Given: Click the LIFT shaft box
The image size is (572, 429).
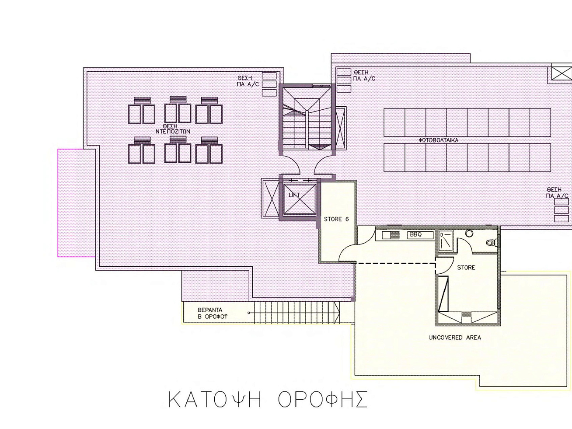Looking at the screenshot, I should click(x=300, y=199).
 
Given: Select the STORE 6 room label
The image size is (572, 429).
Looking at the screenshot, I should click(x=336, y=219).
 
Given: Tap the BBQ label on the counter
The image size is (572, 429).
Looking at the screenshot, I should click(x=415, y=235).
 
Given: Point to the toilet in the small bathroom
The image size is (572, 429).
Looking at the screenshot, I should click(x=491, y=242).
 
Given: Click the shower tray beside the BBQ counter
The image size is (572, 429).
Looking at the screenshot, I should click(x=445, y=241).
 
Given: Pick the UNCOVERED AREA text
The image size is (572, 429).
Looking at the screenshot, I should click(x=455, y=338).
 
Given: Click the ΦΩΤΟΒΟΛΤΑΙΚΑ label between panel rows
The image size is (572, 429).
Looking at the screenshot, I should click(x=438, y=140).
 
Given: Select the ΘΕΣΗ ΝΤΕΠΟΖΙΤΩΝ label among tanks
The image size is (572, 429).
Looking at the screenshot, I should click(x=173, y=129).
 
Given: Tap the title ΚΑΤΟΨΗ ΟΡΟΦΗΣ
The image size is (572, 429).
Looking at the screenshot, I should click(x=268, y=400).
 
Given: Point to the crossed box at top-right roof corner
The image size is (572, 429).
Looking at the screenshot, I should click(x=561, y=72).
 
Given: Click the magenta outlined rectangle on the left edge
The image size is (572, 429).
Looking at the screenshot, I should click(x=76, y=202).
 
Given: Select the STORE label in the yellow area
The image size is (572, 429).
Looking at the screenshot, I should click(x=466, y=268).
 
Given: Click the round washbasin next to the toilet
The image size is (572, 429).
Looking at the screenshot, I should click(x=469, y=234).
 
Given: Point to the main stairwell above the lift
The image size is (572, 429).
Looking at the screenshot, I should click(x=307, y=118).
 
